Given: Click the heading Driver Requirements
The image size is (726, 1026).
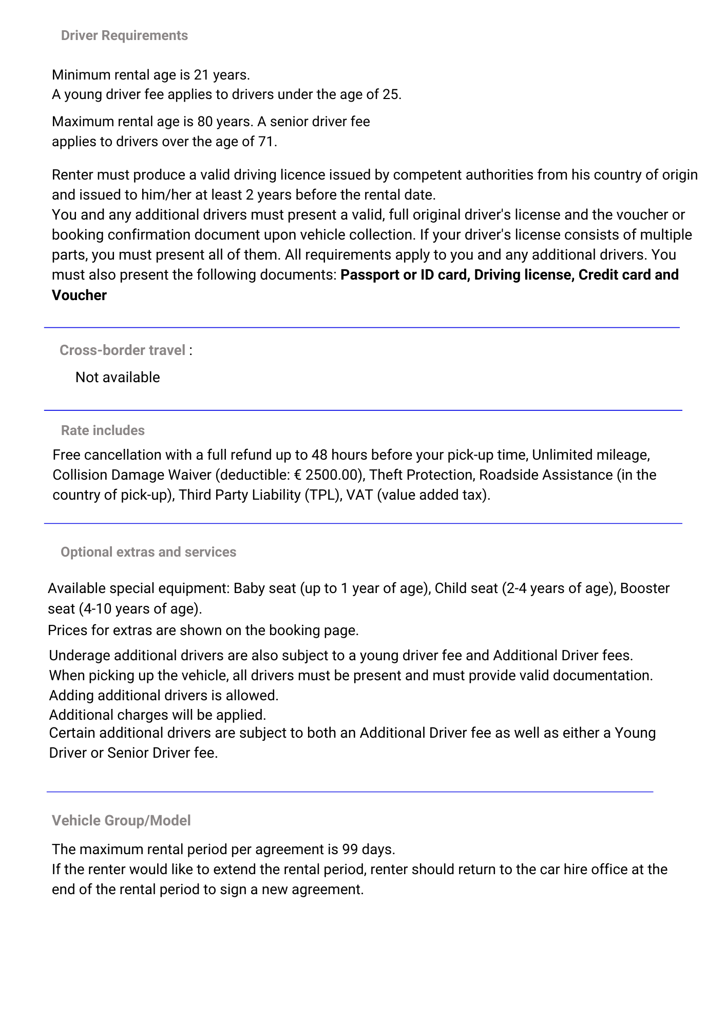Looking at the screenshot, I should click(124, 35).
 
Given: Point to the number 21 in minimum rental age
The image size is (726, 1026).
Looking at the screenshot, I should click(201, 75).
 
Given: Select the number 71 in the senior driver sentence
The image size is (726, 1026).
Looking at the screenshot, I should click(265, 142).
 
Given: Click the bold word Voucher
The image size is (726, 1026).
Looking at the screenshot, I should click(79, 295).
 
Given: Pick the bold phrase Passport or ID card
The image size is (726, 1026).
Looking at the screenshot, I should click(405, 275).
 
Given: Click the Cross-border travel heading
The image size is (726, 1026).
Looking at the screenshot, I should click(122, 350).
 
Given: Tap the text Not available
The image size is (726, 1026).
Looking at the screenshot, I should click(118, 377).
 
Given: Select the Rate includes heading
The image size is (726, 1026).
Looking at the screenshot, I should click(103, 430).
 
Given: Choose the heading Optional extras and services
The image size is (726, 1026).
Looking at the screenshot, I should click(148, 552).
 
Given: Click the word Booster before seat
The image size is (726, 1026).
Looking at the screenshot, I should click(645, 588).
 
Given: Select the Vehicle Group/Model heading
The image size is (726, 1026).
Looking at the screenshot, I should click(121, 821).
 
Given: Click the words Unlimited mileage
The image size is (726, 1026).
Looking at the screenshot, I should click(591, 455).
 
